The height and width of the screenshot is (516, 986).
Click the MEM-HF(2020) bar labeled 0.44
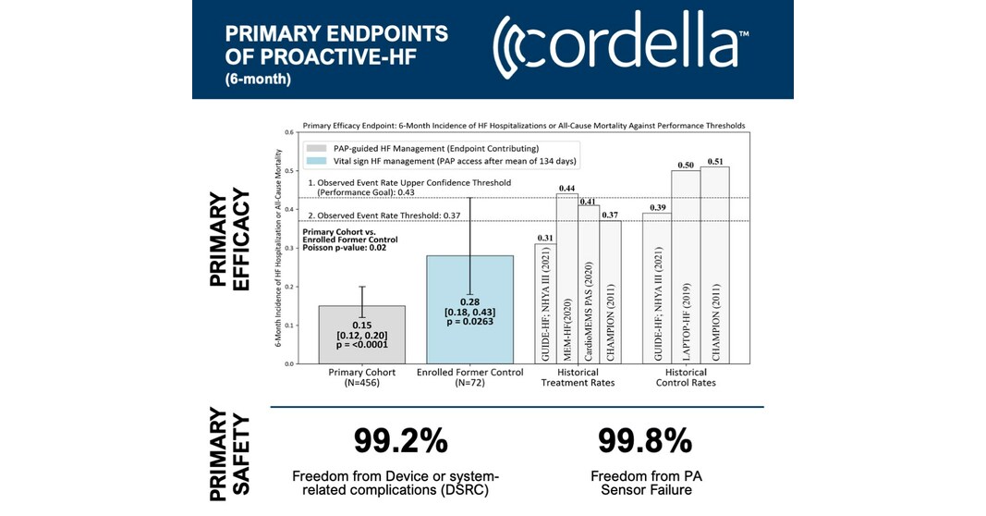point(567,277)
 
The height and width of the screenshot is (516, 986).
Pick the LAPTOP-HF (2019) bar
point(685,268)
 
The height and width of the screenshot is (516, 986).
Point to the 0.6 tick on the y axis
point(289,133)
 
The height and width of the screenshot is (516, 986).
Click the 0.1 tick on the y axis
point(289,326)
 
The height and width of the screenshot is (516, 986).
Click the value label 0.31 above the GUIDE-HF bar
point(545,239)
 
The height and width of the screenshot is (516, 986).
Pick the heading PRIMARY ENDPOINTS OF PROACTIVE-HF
point(336,46)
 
